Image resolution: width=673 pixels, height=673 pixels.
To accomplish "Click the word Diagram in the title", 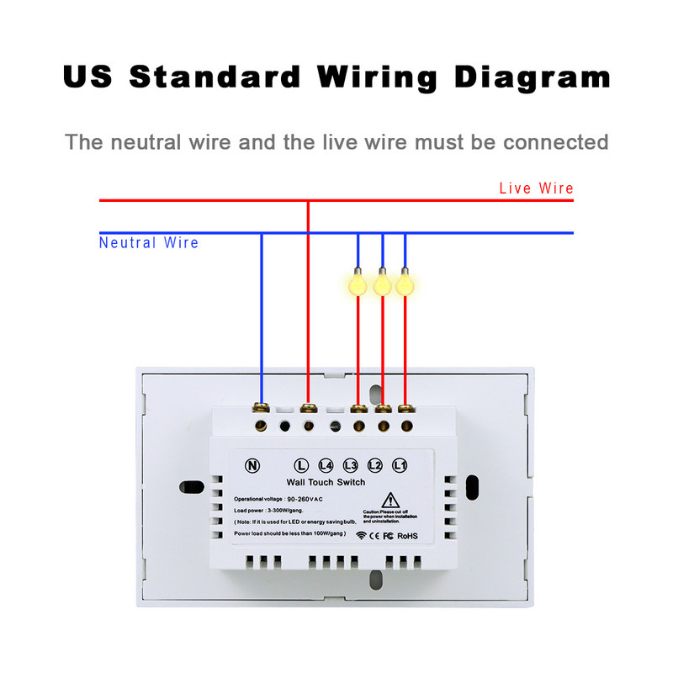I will coord(532,77).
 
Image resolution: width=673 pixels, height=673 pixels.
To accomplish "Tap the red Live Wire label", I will coord(537,188).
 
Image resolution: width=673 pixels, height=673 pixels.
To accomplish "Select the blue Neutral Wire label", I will coord(149,243).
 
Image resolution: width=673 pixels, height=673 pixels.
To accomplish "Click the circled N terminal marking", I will coord(252,465).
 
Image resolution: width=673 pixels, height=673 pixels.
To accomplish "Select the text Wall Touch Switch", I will coord(326,482).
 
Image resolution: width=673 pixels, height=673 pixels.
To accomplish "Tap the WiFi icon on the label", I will coord(360,535).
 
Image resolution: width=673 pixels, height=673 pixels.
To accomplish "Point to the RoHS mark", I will coord(407,535).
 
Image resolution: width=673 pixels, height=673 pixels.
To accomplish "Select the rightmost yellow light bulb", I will coord(405,284).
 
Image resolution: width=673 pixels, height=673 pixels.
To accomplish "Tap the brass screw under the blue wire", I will coord(262,409).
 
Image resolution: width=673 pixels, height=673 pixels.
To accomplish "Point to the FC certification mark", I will coord(389,535).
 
